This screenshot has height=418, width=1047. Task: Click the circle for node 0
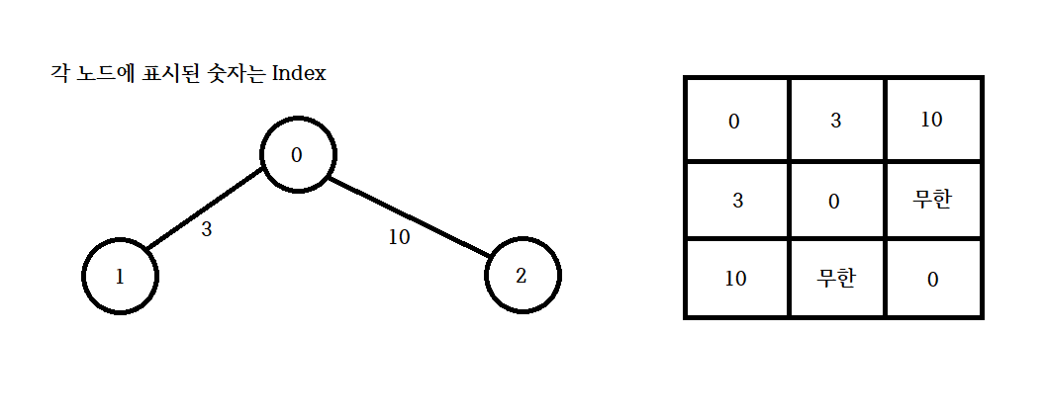tap(298, 155)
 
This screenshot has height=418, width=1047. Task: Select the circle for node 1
tap(120, 276)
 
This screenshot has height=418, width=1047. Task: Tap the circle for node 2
tap(523, 276)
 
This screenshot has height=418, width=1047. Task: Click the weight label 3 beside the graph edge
tap(206, 230)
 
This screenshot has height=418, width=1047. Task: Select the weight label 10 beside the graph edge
tap(399, 238)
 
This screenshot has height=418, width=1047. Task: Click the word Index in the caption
tap(299, 74)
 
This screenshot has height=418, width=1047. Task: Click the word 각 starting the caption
tap(57, 74)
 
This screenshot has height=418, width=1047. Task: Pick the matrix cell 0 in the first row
tap(734, 122)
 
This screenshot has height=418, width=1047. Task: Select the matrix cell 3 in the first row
tap(836, 122)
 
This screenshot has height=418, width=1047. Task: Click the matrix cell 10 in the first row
tap(931, 121)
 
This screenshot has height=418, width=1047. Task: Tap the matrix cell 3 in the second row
tap(737, 200)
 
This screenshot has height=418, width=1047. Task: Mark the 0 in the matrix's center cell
tap(834, 201)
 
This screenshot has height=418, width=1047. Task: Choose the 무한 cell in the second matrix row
tap(932, 199)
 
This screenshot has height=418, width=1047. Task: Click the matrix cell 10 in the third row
tap(736, 278)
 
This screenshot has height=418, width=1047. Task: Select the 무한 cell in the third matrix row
tap(836, 278)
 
